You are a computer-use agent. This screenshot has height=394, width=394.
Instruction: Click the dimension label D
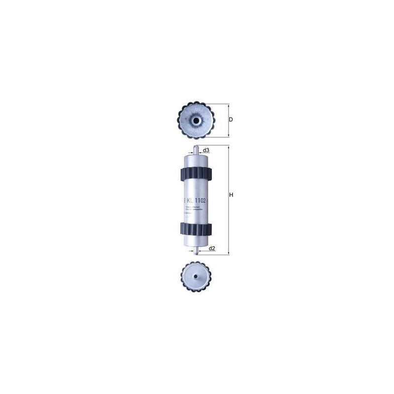230,120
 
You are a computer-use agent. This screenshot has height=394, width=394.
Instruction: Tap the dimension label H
230,196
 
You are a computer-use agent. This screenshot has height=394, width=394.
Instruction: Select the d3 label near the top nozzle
206,150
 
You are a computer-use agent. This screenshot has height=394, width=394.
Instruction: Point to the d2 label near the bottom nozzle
212,248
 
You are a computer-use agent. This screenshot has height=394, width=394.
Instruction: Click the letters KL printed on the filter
190,200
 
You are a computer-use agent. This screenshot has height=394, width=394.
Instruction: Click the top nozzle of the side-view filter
197,149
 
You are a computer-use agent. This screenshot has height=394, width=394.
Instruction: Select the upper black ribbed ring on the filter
197,174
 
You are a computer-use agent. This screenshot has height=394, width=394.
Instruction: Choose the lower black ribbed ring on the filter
197,229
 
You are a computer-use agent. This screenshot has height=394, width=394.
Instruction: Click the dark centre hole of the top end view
196,120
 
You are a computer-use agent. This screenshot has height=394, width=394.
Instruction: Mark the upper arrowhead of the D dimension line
228,106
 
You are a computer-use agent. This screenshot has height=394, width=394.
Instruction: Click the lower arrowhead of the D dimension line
228,135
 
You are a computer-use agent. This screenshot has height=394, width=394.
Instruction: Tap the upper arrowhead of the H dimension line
229,147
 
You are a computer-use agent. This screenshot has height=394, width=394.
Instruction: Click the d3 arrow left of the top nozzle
192,153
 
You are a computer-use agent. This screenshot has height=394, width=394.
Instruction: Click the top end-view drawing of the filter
196,120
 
